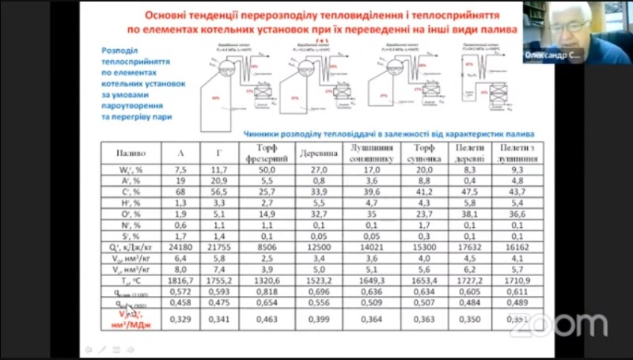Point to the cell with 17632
(x=470, y=246)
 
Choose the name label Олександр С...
(x=553, y=55)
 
